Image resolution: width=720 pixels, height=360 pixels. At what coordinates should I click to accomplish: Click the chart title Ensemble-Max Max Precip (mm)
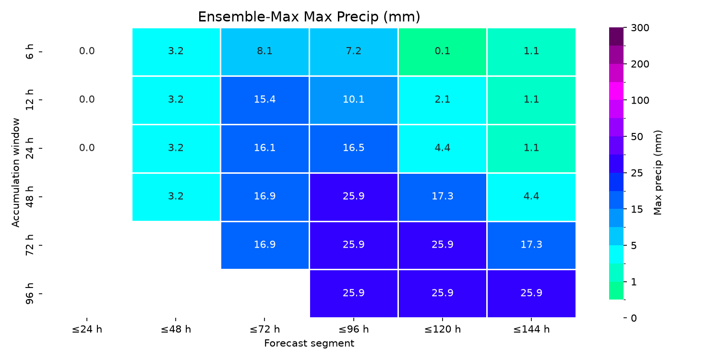click(309, 17)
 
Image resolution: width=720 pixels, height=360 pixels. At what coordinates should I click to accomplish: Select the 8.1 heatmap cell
click(265, 52)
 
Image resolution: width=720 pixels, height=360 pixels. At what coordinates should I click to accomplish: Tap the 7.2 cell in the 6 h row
click(354, 52)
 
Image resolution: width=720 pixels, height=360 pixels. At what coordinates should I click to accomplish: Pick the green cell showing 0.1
click(442, 52)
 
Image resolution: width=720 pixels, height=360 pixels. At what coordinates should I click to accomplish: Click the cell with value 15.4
click(265, 100)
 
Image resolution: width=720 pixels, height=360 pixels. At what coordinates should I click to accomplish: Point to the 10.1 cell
click(354, 100)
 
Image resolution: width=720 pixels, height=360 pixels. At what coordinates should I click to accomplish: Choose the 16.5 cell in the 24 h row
click(354, 149)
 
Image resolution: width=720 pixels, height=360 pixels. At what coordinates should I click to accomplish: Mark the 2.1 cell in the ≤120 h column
click(442, 100)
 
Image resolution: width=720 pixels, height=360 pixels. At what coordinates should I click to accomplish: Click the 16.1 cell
click(265, 149)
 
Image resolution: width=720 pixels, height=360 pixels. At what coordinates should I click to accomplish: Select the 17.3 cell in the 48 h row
click(442, 197)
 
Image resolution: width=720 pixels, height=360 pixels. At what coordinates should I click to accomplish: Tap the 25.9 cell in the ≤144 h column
click(531, 294)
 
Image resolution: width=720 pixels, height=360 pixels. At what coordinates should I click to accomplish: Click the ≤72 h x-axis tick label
click(264, 329)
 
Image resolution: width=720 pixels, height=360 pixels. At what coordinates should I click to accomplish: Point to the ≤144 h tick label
click(531, 329)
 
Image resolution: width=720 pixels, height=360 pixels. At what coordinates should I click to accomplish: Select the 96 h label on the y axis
click(30, 294)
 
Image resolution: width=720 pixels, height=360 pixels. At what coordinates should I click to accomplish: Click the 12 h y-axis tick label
click(30, 100)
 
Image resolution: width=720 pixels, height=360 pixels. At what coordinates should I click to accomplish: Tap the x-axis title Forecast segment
click(309, 343)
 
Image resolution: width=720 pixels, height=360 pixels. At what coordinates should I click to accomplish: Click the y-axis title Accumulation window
click(15, 173)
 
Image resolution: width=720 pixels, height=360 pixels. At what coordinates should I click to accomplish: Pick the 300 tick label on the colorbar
click(640, 28)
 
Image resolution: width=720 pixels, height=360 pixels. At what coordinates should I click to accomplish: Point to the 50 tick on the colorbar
click(637, 137)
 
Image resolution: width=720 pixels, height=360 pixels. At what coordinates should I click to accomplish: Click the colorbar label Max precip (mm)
click(658, 173)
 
